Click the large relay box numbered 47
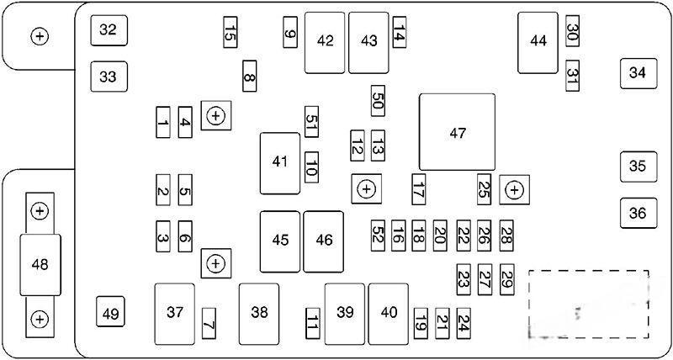coord(457,132)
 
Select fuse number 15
coord(230,32)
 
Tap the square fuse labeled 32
coord(109,30)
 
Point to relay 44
coord(538,43)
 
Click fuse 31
coord(573,76)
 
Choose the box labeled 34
coord(639,73)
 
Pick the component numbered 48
coord(40,265)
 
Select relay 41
coord(280,163)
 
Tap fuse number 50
coord(378,101)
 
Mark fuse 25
coord(484,189)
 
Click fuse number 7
coord(209,323)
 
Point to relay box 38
coord(259,314)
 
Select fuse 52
coord(378,236)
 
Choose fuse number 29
coord(507,279)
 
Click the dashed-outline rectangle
coord(588,304)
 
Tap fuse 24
coord(464,323)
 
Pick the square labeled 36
coord(639,213)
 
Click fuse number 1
coord(162,122)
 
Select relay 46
coord(324,241)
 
